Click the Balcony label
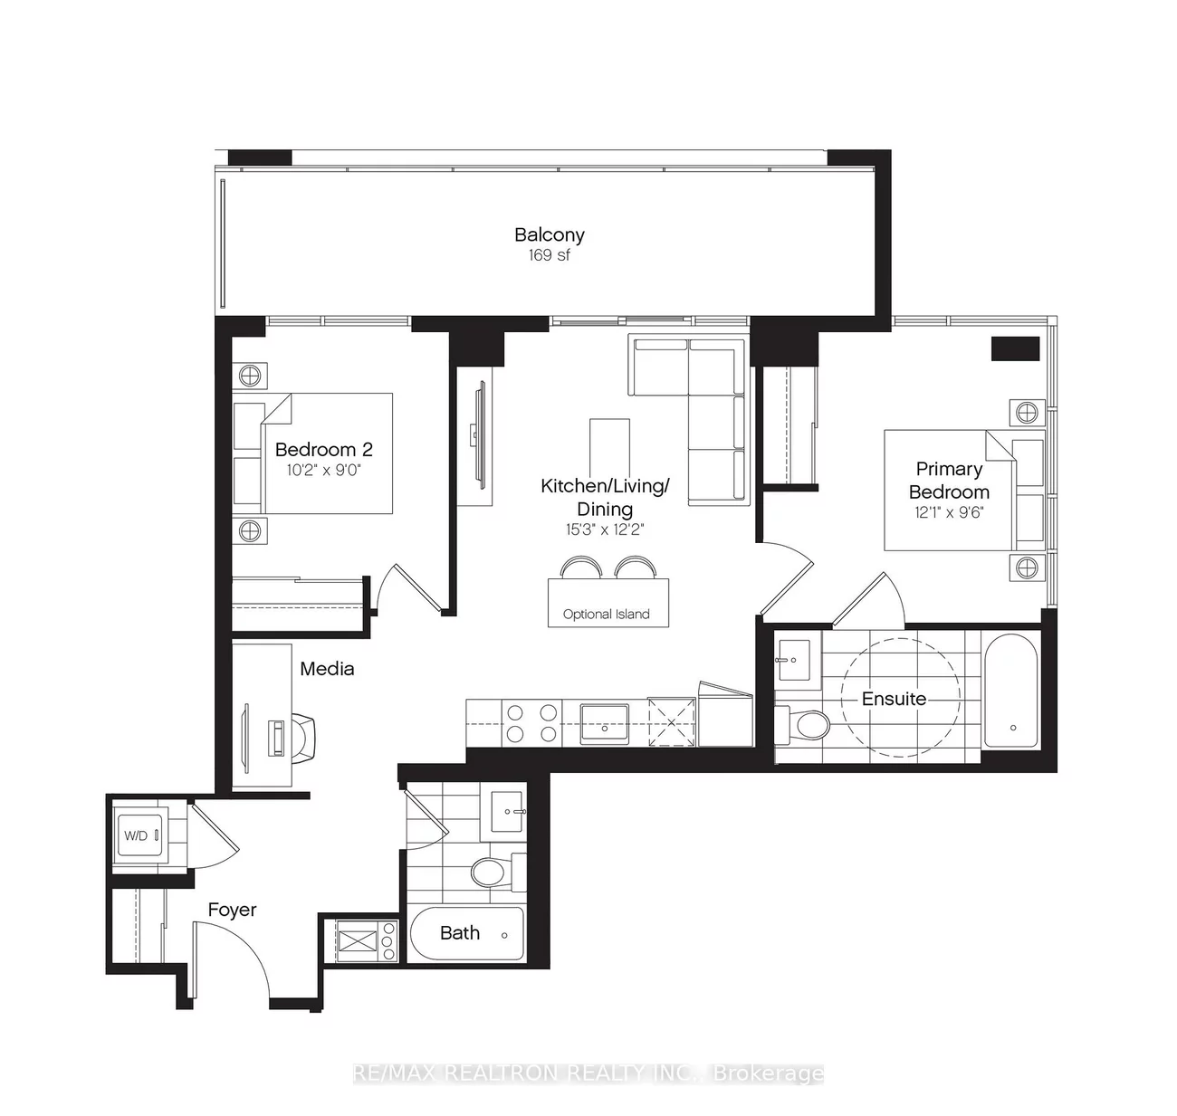click(x=549, y=234)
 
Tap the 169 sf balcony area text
click(x=549, y=255)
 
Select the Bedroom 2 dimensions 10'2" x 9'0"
click(x=323, y=470)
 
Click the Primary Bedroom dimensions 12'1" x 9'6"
click(x=948, y=511)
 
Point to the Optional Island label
click(x=606, y=614)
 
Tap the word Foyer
click(x=232, y=910)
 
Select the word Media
click(x=327, y=669)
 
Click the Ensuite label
click(x=894, y=699)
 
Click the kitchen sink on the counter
click(x=604, y=721)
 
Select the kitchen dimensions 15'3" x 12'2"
click(x=604, y=529)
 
